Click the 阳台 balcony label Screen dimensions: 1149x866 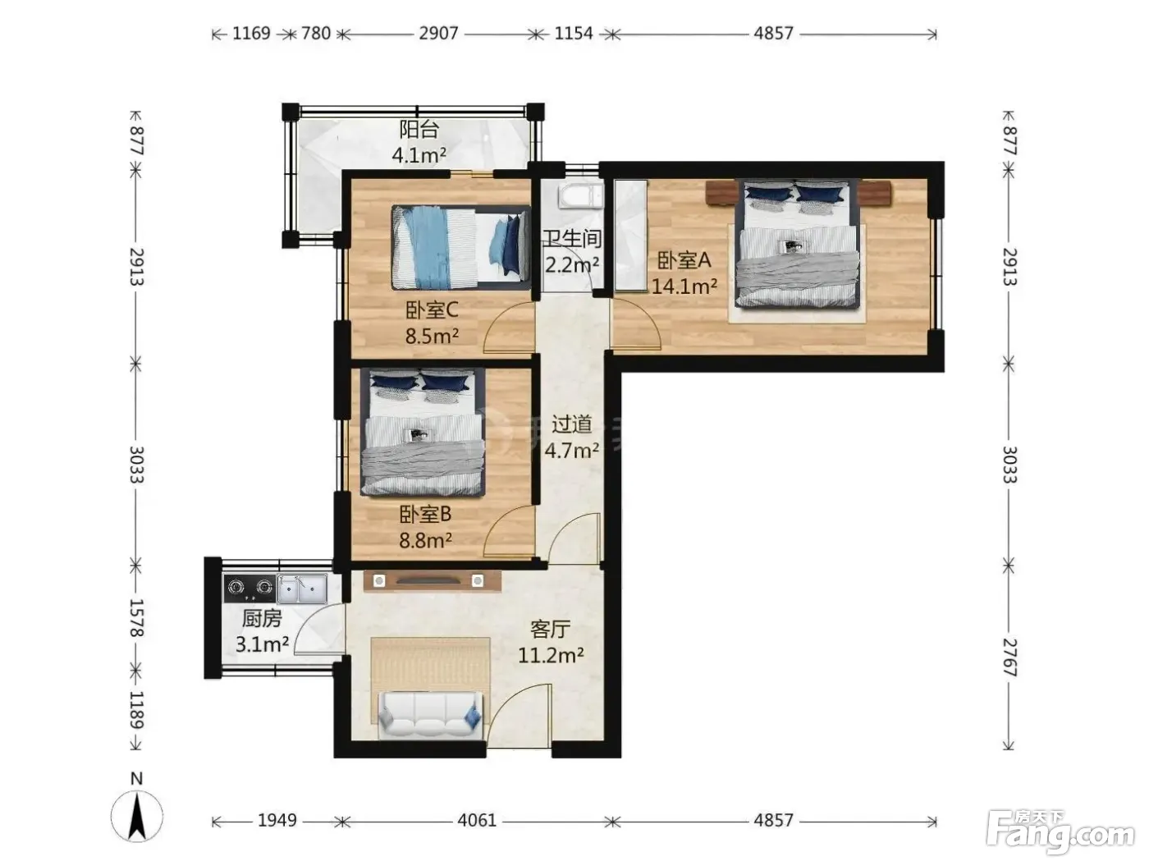click(x=419, y=129)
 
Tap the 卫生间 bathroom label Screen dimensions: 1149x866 click(x=570, y=239)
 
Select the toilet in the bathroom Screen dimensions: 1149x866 click(x=581, y=195)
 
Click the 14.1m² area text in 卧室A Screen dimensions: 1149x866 click(x=684, y=286)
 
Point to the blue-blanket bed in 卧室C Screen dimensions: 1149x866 click(x=460, y=248)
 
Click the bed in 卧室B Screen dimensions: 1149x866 click(x=423, y=432)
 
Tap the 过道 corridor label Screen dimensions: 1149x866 click(x=571, y=424)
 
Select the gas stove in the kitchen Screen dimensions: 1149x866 click(x=249, y=588)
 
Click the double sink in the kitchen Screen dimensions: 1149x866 click(x=302, y=589)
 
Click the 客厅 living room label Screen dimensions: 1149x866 click(x=550, y=629)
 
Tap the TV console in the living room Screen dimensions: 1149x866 click(x=432, y=581)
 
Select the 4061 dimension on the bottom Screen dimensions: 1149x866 click(x=477, y=820)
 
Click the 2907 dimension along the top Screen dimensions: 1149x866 click(x=438, y=34)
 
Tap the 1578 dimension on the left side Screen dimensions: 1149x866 click(x=136, y=618)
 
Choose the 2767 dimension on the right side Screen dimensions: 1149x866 click(x=1009, y=657)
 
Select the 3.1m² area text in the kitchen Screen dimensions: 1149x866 click(x=262, y=644)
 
